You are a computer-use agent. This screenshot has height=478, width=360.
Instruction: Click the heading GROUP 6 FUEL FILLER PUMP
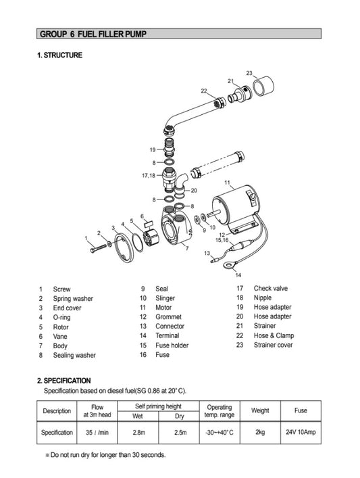93,34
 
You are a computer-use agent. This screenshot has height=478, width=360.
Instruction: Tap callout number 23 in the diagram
249,73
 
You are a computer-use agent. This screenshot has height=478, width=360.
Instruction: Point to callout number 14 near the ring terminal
237,275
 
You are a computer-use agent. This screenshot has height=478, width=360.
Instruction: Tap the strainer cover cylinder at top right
263,86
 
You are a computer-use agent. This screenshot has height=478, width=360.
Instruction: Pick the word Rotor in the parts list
61,327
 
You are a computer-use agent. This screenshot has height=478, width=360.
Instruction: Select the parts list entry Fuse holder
172,345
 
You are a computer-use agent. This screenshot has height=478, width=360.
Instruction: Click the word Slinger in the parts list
165,298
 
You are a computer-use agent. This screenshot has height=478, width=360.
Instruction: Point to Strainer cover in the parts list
273,345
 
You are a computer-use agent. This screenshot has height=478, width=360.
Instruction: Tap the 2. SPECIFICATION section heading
73,381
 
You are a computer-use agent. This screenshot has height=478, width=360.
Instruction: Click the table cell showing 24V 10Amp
301,432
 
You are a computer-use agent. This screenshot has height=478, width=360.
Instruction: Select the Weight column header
260,410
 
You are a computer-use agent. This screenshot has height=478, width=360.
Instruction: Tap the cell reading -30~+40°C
220,432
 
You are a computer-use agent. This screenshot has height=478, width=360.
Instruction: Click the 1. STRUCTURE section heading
59,55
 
